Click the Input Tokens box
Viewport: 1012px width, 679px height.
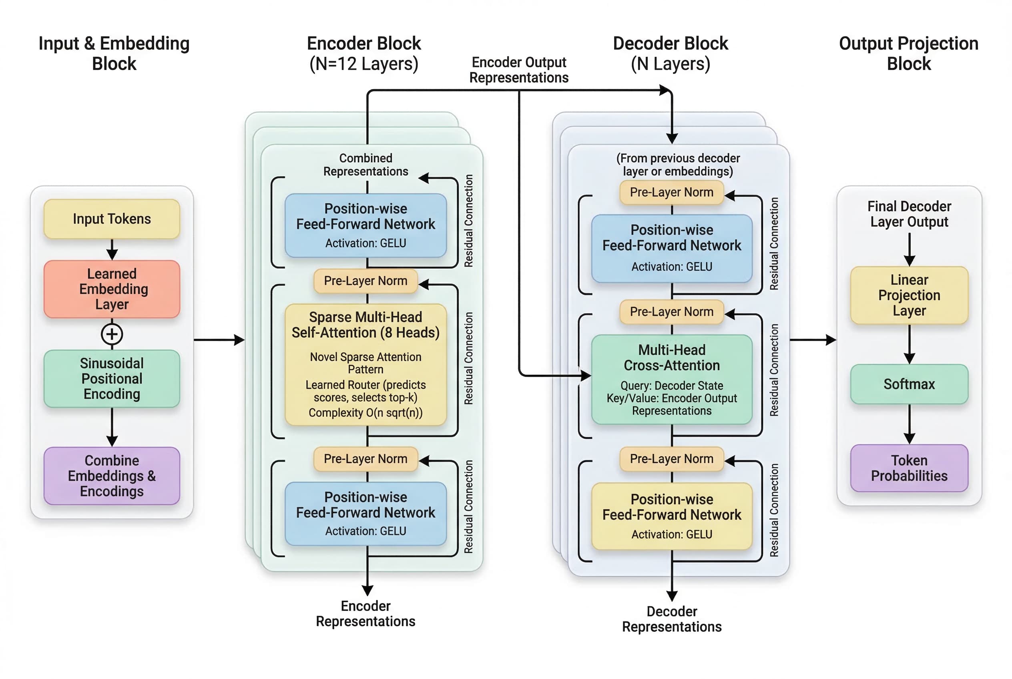(x=112, y=219)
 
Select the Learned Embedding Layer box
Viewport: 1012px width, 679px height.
(x=112, y=289)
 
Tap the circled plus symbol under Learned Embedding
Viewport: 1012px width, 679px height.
(x=112, y=334)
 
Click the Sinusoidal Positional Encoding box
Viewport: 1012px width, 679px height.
(x=112, y=378)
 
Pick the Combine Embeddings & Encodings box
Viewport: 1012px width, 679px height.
(x=112, y=476)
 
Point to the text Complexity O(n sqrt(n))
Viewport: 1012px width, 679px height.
(x=365, y=412)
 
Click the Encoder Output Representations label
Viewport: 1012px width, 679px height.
(x=518, y=70)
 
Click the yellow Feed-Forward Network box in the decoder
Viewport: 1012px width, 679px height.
(x=671, y=516)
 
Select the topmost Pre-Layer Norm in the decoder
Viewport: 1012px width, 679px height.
(x=671, y=192)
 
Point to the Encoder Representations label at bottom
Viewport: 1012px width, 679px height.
(x=365, y=613)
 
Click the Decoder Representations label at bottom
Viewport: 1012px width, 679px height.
(x=671, y=619)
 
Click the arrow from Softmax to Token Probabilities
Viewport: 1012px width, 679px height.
(x=909, y=424)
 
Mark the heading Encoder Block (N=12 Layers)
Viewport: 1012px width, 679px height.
(x=364, y=53)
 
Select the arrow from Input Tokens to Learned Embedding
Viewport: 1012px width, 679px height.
(x=112, y=249)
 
